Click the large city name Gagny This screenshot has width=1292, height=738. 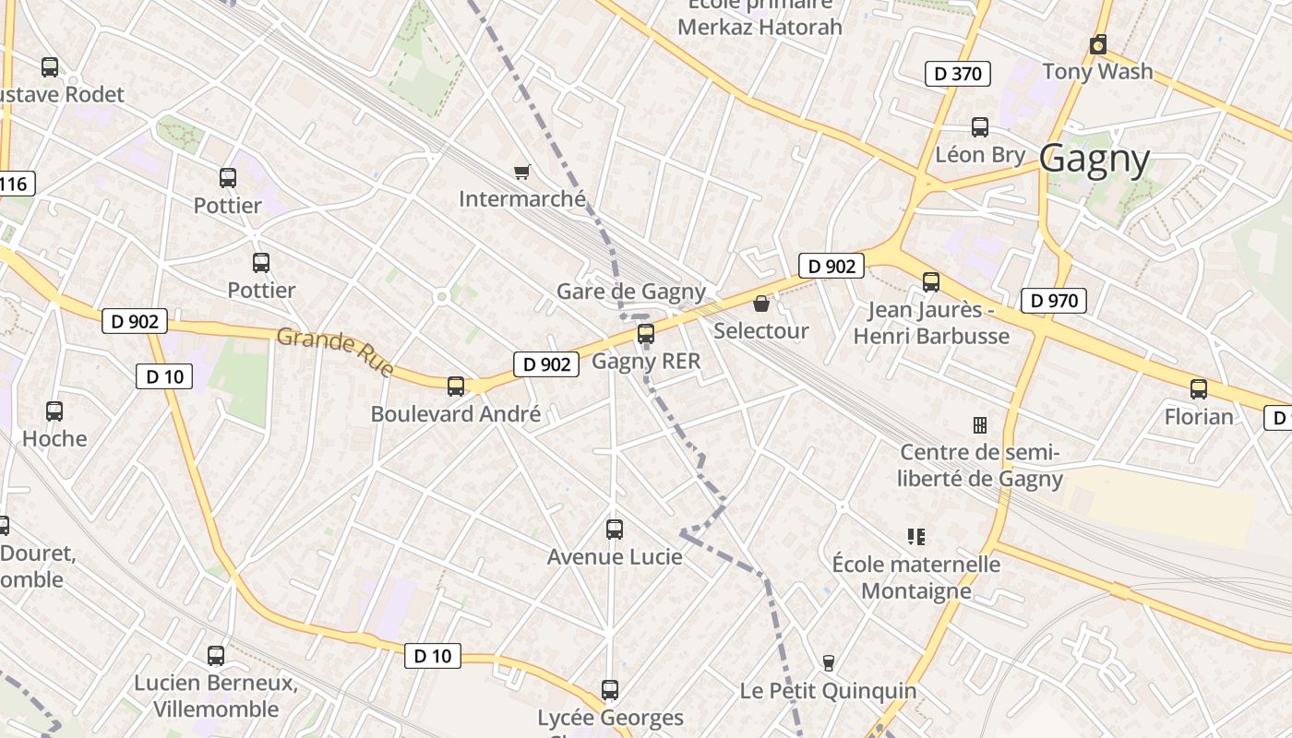1095,160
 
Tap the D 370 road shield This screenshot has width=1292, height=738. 958,74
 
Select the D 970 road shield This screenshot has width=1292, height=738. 1054,300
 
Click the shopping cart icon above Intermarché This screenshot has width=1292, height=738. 521,172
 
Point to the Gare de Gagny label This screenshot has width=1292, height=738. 630,292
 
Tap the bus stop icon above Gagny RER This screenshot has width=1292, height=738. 646,334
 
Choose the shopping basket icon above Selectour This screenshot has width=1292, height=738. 761,304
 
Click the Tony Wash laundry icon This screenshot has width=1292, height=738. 1098,44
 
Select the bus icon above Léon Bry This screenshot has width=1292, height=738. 980,127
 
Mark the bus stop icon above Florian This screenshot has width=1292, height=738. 1199,389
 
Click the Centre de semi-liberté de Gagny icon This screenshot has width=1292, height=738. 980,424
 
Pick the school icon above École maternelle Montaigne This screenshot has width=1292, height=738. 916,536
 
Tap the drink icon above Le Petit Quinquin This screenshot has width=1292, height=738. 829,662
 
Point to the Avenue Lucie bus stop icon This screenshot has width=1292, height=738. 615,530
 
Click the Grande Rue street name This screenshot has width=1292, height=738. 335,351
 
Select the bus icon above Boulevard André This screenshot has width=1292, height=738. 456,387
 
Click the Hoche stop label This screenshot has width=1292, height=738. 54,439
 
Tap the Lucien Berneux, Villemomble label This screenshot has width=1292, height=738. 216,696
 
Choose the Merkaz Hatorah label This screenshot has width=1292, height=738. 760,27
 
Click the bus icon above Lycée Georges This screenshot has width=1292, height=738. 610,690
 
